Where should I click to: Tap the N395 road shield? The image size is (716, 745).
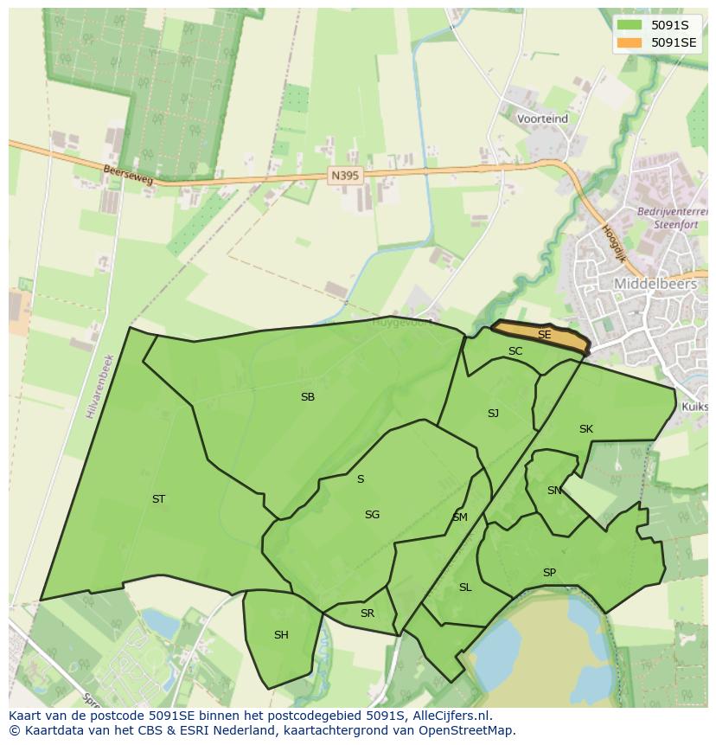[x=345, y=175]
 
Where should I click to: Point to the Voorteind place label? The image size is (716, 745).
[x=542, y=119]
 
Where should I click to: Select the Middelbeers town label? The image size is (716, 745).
[x=655, y=283]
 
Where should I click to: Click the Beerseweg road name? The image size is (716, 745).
[x=127, y=176]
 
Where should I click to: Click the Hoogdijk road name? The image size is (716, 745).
[x=613, y=243]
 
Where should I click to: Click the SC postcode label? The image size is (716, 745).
[x=515, y=351]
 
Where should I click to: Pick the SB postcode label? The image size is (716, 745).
[x=307, y=397]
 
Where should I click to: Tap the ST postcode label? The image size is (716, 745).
[x=158, y=499]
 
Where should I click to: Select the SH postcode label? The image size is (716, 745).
[x=281, y=635]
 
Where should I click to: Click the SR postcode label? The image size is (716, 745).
[x=368, y=613]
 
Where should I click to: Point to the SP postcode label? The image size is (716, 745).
[x=549, y=573]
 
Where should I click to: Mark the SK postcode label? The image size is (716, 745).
[x=586, y=429]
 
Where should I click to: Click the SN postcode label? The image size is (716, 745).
[x=554, y=491]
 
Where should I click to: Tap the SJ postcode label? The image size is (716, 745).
[x=493, y=414]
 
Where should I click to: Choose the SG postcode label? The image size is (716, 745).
[x=372, y=515]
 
